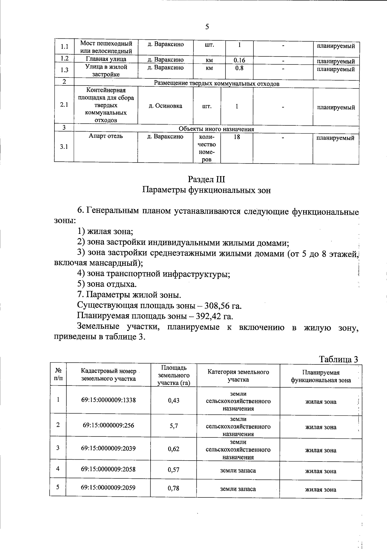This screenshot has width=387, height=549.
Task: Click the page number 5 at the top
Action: coord(207,27)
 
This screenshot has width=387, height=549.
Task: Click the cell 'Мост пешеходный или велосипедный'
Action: coord(106,47)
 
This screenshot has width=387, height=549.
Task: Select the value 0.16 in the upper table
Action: coord(239,60)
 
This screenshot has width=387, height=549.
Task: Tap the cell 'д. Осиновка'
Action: coord(165,106)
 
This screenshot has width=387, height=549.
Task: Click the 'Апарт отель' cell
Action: coord(106,136)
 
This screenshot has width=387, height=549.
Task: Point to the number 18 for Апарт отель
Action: coord(237,137)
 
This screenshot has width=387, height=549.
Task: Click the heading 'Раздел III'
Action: coord(206,179)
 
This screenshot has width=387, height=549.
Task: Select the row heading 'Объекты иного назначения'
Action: coord(216,129)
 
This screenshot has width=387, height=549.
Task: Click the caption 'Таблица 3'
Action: coord(338,359)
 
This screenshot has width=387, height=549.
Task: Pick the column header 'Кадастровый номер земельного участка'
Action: coord(108,375)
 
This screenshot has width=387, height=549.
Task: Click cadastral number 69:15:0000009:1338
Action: coord(108,400)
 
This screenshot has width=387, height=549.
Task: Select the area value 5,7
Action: coord(174,426)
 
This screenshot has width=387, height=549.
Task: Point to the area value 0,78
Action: coord(174,488)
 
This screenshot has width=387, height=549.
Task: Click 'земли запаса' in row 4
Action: coord(238,470)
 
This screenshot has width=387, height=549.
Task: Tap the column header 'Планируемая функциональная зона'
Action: coord(321,376)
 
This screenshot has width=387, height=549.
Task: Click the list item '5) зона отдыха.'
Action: coord(107,284)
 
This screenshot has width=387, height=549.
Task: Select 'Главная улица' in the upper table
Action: coord(106,59)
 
